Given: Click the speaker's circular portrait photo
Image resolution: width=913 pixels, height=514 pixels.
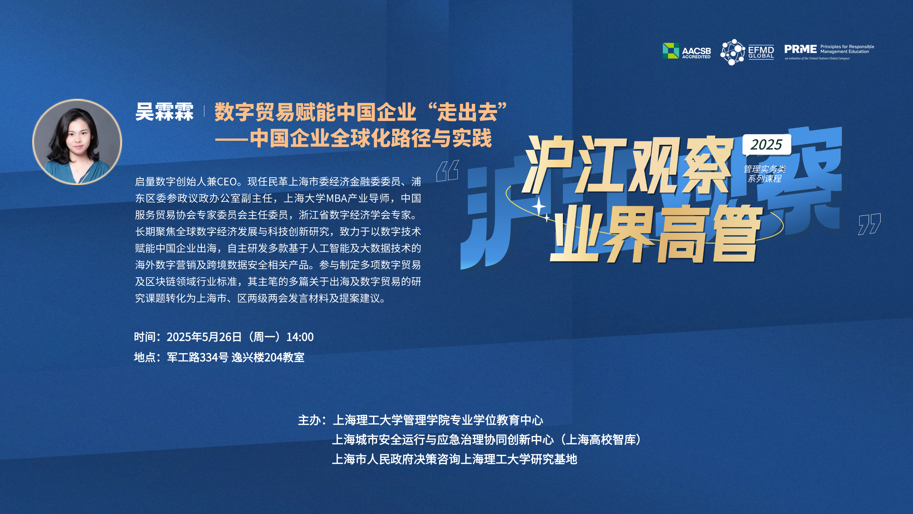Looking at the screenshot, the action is (77, 142).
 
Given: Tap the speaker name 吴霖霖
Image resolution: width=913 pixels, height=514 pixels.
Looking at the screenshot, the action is (164, 112).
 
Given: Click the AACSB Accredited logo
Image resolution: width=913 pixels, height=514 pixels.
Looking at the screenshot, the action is (687, 51).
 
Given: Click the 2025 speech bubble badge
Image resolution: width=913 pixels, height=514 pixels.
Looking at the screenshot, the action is (767, 145).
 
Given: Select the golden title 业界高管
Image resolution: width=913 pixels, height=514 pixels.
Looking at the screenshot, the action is (656, 234).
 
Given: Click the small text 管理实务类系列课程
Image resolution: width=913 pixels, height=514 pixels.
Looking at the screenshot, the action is (765, 174).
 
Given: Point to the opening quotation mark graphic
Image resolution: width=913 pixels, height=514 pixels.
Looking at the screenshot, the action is (447, 171).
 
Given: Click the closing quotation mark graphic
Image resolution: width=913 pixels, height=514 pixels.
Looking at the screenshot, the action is (869, 224).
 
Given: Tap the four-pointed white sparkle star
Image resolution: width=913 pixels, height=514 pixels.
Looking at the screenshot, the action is (539, 206).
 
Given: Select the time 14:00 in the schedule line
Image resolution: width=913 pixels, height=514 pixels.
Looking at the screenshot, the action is (300, 337).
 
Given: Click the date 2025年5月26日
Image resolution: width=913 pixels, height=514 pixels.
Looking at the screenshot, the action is (205, 337).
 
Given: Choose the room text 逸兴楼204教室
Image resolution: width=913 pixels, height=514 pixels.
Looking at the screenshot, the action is (268, 357).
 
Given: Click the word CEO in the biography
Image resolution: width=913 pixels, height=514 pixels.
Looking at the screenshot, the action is (227, 182).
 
